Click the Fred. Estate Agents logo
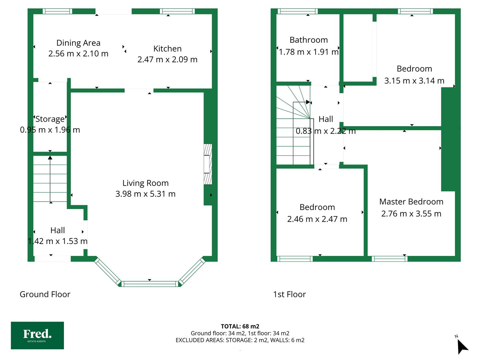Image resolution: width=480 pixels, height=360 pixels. (37, 335)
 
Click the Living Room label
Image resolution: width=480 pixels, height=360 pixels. (145, 183)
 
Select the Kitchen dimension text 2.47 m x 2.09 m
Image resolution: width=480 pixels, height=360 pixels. (167, 59)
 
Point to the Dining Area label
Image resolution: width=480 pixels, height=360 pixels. (78, 43)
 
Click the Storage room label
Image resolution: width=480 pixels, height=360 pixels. (50, 119)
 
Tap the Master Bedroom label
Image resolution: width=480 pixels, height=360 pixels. (411, 202)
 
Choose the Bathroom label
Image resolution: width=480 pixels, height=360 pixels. (309, 40)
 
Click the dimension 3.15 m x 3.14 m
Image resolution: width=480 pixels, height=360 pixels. (414, 81)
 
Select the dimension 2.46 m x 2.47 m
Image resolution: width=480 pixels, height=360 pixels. (317, 219)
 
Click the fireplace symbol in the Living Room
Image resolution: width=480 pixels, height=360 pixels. (208, 164)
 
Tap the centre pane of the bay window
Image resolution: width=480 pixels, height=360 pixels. (150, 284)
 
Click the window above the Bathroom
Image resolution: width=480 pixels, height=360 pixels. (297, 11)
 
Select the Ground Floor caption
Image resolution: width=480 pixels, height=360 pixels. (45, 294)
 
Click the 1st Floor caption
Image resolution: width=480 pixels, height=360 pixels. (289, 294)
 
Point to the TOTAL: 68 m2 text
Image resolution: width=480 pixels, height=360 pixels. (240, 326)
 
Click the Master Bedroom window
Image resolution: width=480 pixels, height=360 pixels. (389, 259)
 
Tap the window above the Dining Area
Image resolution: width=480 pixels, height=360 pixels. (57, 11)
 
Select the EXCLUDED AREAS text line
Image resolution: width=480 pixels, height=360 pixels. (240, 340)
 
